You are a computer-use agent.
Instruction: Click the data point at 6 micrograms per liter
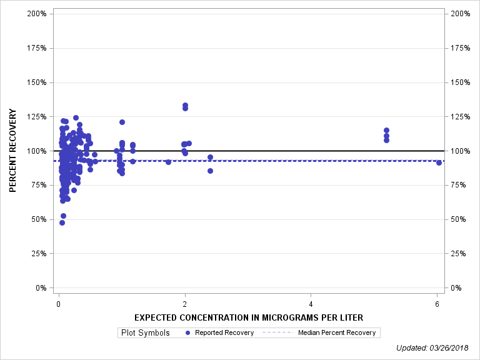coord(439,162)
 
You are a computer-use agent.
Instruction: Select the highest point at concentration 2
coord(185,105)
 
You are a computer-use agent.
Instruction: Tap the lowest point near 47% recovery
coord(62,222)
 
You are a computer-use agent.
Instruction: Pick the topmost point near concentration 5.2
coord(386,130)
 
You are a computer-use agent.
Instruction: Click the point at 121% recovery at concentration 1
coord(122,122)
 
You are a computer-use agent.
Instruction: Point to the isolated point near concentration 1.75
coord(168,162)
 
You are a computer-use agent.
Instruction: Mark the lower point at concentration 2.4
coord(210,171)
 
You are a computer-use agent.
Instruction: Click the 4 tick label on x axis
coord(311,304)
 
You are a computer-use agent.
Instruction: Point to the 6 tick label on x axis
coord(437,304)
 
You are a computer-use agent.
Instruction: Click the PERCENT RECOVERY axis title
coord(12,151)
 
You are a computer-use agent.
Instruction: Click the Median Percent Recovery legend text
coord(337,332)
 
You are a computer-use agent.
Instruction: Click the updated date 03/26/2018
coord(453,348)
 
